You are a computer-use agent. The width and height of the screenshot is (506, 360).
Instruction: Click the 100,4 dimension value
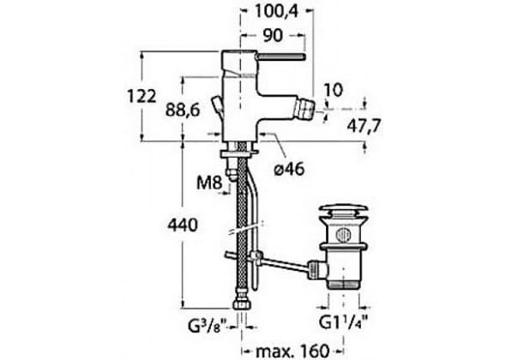tap(277, 12)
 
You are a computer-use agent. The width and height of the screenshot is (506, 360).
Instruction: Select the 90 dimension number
tap(273, 35)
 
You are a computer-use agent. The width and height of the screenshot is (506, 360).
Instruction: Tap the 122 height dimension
tap(142, 96)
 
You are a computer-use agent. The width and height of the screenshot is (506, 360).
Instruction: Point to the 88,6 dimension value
tap(183, 110)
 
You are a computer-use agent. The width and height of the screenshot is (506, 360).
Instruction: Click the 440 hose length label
tap(183, 225)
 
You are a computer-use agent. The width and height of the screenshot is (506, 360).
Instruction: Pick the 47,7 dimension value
tap(364, 125)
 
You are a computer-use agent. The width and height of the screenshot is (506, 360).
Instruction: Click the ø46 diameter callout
tap(289, 168)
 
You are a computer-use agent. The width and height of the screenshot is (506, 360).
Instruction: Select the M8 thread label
tap(209, 183)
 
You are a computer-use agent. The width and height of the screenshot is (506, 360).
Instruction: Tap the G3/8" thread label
tap(210, 326)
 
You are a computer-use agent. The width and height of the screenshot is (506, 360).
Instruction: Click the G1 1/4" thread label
tap(344, 321)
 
